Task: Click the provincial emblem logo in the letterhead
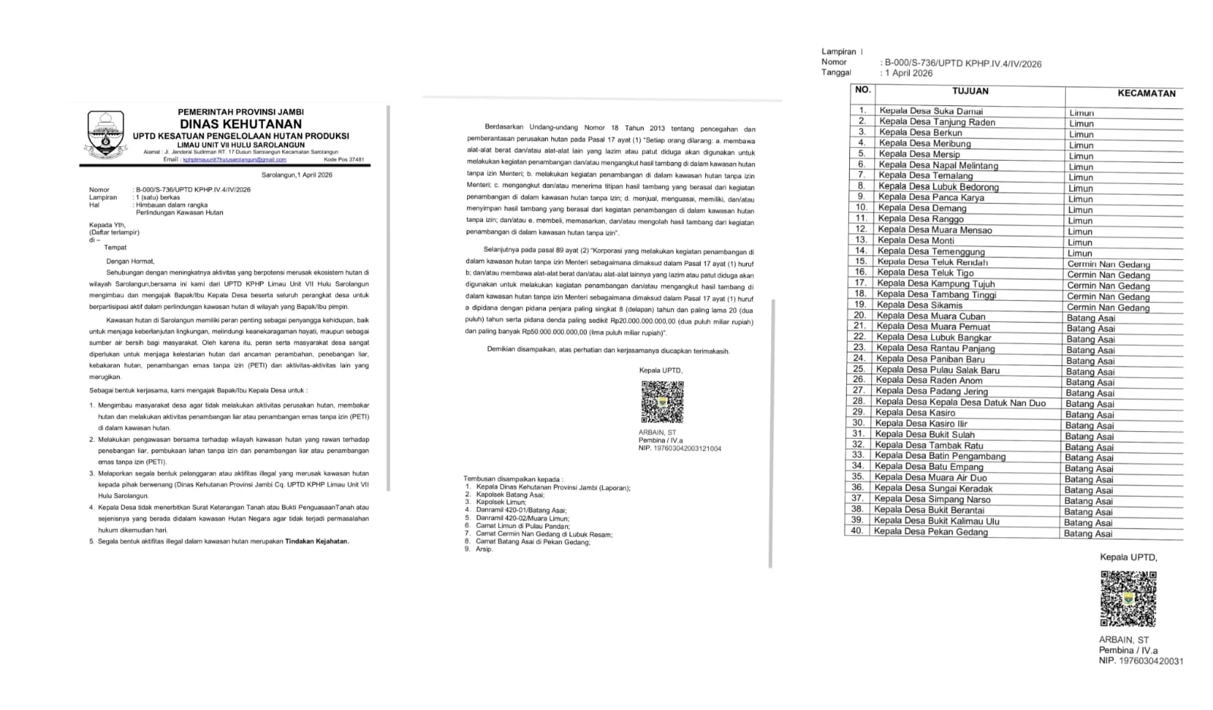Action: [x=105, y=136]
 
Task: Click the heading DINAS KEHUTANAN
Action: [x=240, y=124]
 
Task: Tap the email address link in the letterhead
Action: [x=234, y=160]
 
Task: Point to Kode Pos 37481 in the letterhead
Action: [x=343, y=160]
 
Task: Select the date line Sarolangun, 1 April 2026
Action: [x=296, y=175]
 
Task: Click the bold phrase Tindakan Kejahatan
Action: [x=317, y=542]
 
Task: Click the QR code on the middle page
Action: [x=662, y=402]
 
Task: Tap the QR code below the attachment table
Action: [x=1128, y=599]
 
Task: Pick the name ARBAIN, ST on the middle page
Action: [x=657, y=433]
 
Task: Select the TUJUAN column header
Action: [x=970, y=91]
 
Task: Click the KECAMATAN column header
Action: [x=1146, y=94]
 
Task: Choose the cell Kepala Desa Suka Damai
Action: [x=930, y=111]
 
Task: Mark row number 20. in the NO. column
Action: [x=859, y=316]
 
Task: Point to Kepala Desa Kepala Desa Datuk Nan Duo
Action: [x=960, y=402]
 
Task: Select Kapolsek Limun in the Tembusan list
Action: [x=500, y=502]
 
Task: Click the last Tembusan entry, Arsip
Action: [x=484, y=549]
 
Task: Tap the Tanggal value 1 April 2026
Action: [x=908, y=74]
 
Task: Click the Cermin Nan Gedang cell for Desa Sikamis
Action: [x=1108, y=308]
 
